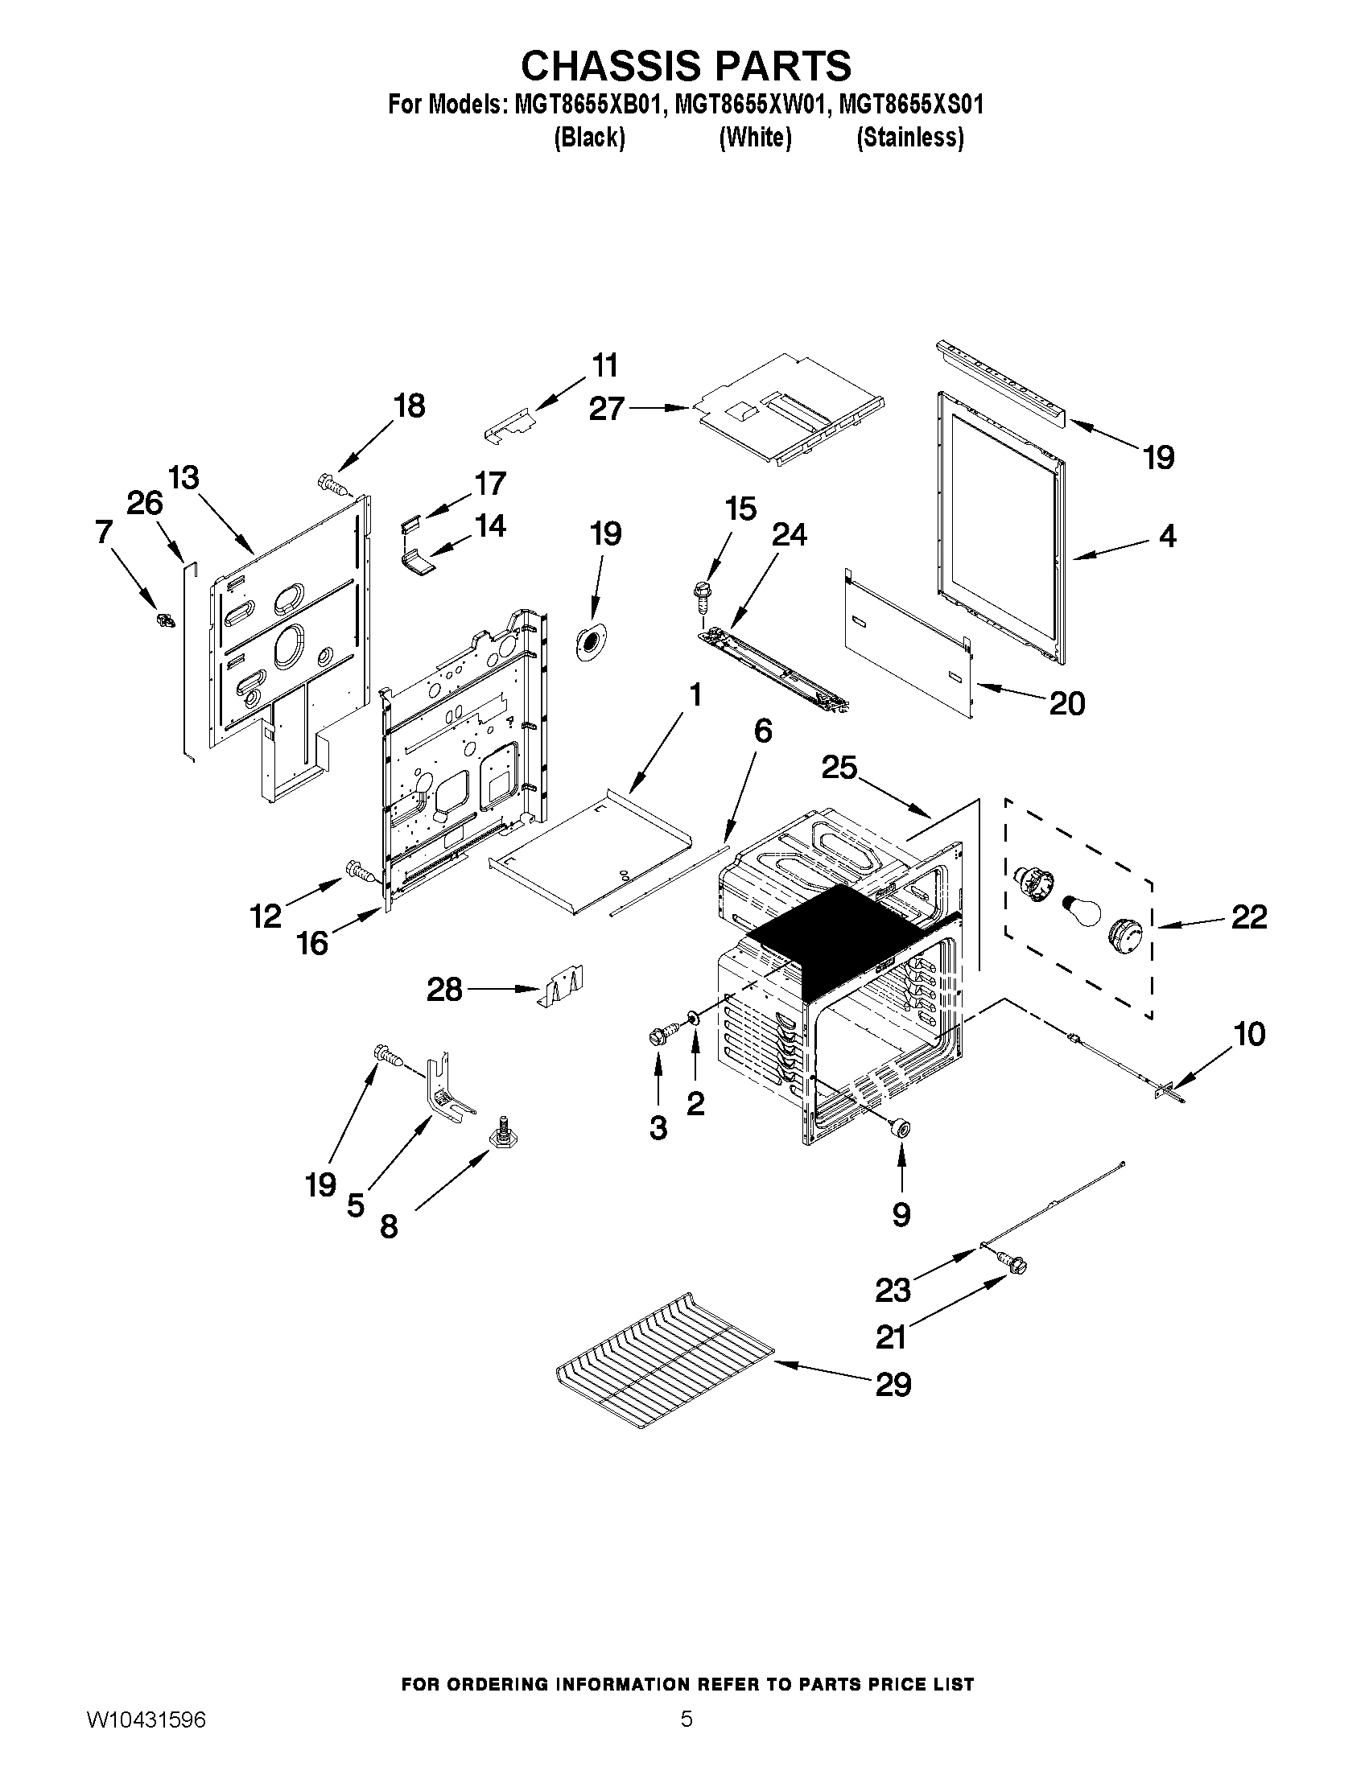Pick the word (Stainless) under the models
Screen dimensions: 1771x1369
pos(910,138)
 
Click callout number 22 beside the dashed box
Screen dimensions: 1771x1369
pos(1248,917)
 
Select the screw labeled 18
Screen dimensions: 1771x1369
pos(332,484)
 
